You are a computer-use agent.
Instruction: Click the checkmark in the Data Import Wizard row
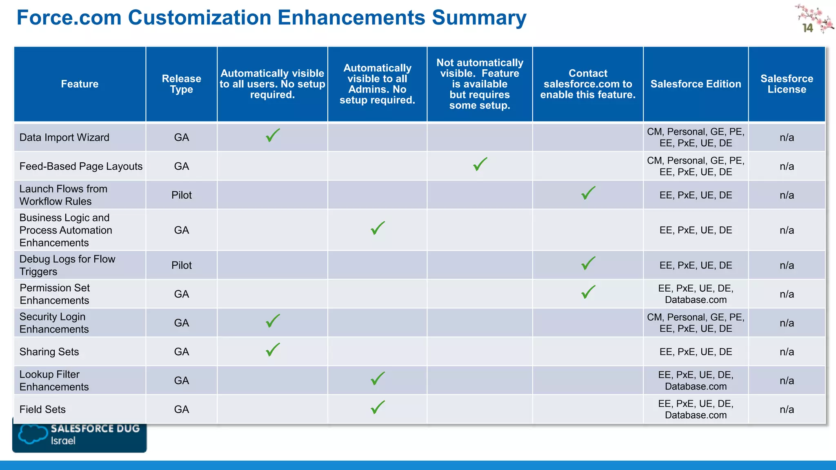point(273,135)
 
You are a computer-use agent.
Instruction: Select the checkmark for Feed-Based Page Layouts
point(480,164)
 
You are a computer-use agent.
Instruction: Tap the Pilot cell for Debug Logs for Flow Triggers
point(181,265)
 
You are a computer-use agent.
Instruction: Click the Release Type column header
point(181,84)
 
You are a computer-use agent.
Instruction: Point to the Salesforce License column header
point(787,84)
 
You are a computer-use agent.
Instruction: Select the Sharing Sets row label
point(49,352)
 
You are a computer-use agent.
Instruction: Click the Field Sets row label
point(42,409)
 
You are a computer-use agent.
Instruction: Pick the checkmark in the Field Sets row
point(378,407)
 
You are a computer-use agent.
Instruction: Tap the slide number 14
point(807,28)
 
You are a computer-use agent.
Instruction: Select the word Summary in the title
point(479,18)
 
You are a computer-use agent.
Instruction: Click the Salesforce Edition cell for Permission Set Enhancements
point(696,294)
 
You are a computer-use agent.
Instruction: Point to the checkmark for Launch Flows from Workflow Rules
point(588,193)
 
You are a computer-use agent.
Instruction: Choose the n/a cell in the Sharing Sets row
point(787,352)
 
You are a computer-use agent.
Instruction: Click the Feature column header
point(80,84)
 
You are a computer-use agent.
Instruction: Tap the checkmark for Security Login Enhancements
point(273,321)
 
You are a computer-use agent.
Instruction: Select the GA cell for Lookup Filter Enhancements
point(181,381)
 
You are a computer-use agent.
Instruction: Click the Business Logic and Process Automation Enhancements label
point(65,230)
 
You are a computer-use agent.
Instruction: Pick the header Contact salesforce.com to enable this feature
point(588,84)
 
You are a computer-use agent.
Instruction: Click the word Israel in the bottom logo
point(63,441)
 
